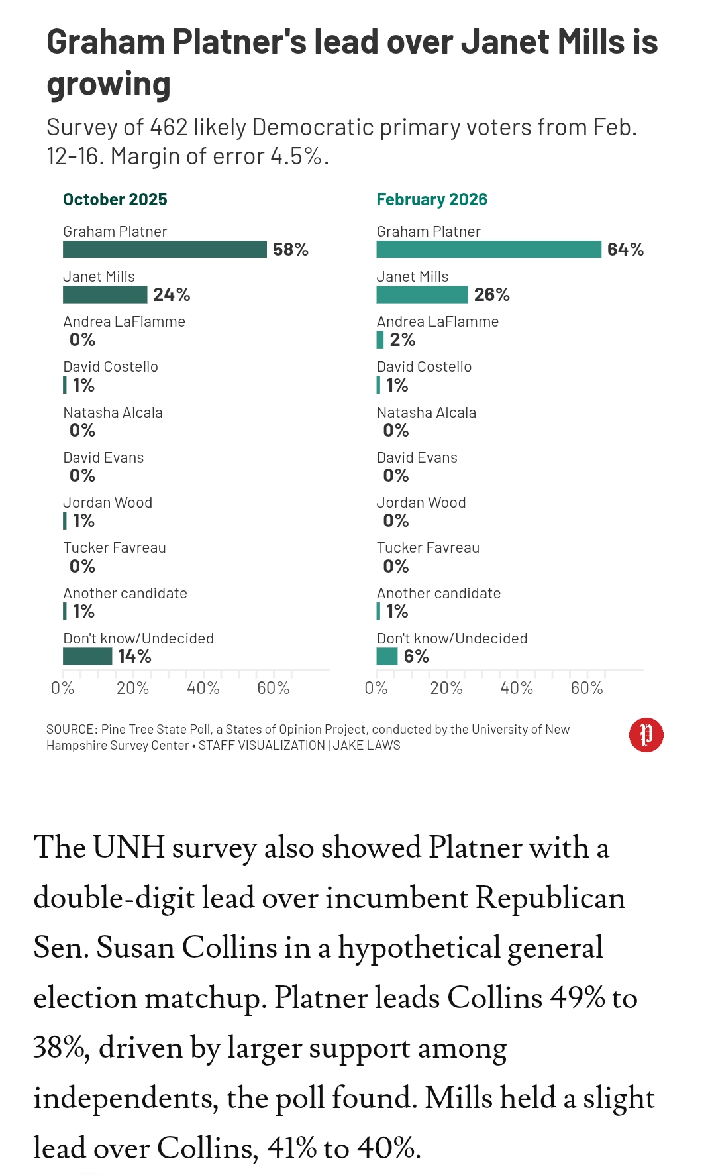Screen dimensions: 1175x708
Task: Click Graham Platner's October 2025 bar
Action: click(164, 249)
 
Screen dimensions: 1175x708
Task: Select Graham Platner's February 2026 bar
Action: click(489, 249)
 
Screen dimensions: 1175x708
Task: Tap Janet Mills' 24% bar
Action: click(105, 294)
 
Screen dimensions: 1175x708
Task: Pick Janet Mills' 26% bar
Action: click(422, 294)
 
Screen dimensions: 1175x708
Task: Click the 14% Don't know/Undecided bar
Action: click(87, 656)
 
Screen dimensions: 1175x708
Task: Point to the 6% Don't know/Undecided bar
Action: click(387, 656)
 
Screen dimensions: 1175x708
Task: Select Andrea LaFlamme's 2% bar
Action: click(380, 340)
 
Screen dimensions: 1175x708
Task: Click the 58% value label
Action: click(291, 250)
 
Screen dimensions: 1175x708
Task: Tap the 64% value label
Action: click(625, 250)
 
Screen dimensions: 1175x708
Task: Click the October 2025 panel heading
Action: click(115, 199)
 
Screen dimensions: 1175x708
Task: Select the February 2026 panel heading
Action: click(432, 199)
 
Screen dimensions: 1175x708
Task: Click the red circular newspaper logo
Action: click(646, 735)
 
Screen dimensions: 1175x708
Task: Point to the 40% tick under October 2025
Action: click(203, 688)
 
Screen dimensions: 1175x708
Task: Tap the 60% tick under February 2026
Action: click(587, 688)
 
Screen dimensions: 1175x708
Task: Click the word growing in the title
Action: click(109, 85)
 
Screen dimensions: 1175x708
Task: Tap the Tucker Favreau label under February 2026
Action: click(428, 548)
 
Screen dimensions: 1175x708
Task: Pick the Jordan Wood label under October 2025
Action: click(108, 503)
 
